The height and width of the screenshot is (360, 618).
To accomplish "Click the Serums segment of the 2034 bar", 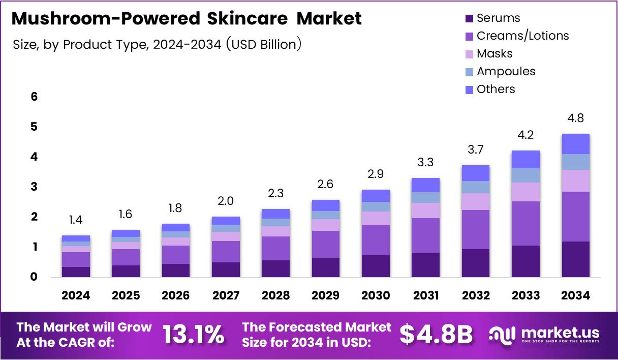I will pos(575,259).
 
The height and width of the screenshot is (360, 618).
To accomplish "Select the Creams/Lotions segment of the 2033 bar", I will pos(526,223).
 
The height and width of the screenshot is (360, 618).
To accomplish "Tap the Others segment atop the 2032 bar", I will pos(475,173).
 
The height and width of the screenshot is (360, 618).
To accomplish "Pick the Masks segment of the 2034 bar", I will pos(575,181).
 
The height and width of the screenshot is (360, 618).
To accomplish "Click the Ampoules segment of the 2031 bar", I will pos(425,197).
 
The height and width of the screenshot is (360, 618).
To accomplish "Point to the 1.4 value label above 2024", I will pos(75,220).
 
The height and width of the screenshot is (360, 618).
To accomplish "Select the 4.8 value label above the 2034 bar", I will pos(575,118).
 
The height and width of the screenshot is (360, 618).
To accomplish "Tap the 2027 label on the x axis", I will pos(226,295).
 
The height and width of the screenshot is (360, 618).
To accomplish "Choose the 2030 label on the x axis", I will pos(376,295).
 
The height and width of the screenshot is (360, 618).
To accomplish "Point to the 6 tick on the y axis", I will pos(34,97).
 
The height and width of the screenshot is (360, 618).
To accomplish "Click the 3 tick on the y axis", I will pos(34,187).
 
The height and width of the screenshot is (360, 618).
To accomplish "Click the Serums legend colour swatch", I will pos(469,19).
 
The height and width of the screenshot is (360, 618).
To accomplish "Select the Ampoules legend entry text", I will pos(506,72).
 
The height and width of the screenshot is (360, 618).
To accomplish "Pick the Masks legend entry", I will pos(494,54).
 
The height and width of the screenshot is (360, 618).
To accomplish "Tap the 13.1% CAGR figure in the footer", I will pos(194,334).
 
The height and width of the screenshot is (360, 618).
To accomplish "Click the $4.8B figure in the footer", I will pos(436,334).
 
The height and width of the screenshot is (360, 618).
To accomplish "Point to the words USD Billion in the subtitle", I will pos(264,45).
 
